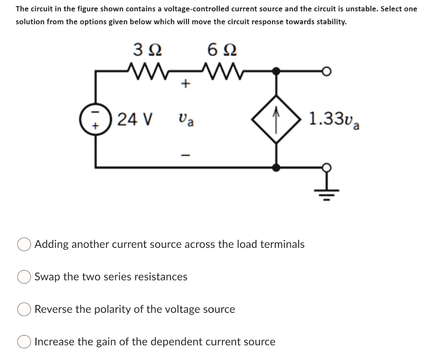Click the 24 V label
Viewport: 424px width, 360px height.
point(134,120)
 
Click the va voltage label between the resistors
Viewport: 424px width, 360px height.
point(186,120)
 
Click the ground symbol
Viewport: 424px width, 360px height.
point(327,190)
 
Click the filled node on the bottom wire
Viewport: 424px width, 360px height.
point(277,167)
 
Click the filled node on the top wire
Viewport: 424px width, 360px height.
point(277,71)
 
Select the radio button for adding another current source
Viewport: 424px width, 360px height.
point(24,245)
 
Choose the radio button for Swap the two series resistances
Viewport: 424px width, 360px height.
point(24,277)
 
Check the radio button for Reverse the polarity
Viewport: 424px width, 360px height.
point(24,310)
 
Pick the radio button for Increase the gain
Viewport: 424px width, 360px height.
point(24,342)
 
